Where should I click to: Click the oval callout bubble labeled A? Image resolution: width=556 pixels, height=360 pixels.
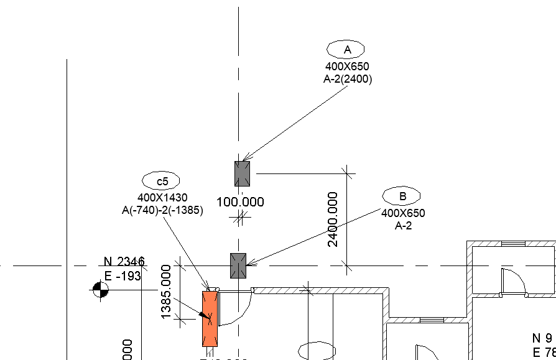click(x=346, y=49)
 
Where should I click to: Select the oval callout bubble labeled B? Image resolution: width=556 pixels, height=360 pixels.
click(x=401, y=196)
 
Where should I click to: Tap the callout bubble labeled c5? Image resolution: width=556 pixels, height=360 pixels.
click(x=161, y=181)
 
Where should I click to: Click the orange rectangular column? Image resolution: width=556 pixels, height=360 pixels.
click(x=210, y=318)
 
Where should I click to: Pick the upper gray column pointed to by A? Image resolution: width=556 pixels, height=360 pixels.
click(x=242, y=173)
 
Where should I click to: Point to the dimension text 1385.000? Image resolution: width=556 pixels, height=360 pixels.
click(x=166, y=292)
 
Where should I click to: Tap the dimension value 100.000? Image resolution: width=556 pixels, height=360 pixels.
click(x=240, y=202)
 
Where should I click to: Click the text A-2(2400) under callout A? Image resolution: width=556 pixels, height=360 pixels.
click(x=347, y=79)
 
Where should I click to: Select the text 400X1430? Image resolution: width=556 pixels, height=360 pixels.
click(x=162, y=198)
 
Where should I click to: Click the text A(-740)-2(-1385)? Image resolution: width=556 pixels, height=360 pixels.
click(x=162, y=210)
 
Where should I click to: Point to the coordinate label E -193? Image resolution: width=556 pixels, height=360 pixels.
click(x=123, y=276)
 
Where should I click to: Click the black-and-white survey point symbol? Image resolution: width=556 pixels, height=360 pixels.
click(x=100, y=290)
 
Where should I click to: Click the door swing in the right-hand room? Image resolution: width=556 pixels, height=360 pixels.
click(x=516, y=284)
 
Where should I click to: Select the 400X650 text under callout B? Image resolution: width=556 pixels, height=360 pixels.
click(x=403, y=213)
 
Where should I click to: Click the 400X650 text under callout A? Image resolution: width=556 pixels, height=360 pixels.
click(x=347, y=66)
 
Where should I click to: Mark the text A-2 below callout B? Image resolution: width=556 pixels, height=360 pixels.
click(x=403, y=225)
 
